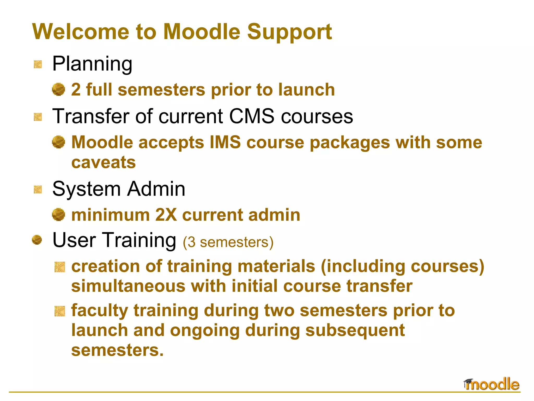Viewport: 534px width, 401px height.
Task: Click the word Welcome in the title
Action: pyautogui.click(x=81, y=32)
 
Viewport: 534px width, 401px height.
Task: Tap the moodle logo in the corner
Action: pyautogui.click(x=492, y=384)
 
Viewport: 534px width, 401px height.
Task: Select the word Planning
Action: pyautogui.click(x=92, y=64)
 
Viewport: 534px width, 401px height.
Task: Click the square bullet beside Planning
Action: pyautogui.click(x=38, y=64)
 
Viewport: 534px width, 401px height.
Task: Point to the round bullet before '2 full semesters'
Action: pyautogui.click(x=58, y=90)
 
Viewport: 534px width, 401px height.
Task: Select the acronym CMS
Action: pyautogui.click(x=251, y=116)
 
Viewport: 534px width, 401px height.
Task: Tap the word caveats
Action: pyautogui.click(x=104, y=162)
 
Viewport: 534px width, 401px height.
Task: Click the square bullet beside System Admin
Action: pyautogui.click(x=38, y=190)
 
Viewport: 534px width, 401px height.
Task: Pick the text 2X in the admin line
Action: pyautogui.click(x=166, y=215)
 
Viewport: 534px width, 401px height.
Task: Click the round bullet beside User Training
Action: pyautogui.click(x=37, y=240)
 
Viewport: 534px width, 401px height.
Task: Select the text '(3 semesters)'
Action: pyautogui.click(x=228, y=242)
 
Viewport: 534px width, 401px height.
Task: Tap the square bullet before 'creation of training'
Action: pyautogui.click(x=60, y=267)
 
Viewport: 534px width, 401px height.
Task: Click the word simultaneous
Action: pyautogui.click(x=128, y=286)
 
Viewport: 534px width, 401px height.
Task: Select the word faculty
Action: pyautogui.click(x=99, y=311)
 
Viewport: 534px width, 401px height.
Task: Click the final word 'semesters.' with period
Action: pyautogui.click(x=117, y=350)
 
